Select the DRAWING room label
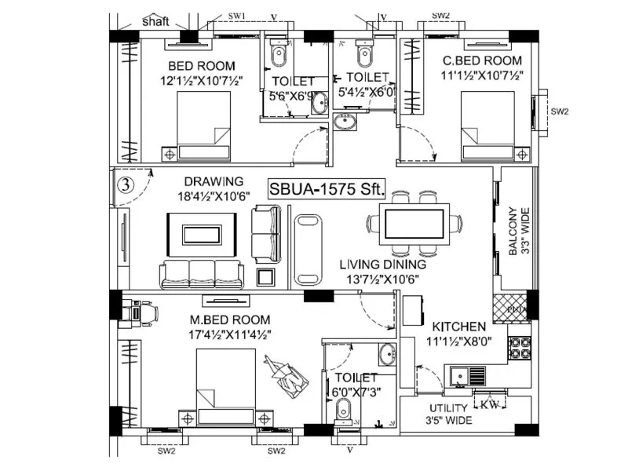[x=214, y=181]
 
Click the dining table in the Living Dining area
[x=414, y=222]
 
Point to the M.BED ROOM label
[x=230, y=319]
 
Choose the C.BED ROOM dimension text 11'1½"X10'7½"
[x=482, y=75]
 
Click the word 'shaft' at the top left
[x=155, y=22]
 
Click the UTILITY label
[x=449, y=408]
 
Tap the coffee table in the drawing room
[x=203, y=235]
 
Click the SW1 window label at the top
[x=236, y=15]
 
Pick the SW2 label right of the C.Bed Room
[x=558, y=112]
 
